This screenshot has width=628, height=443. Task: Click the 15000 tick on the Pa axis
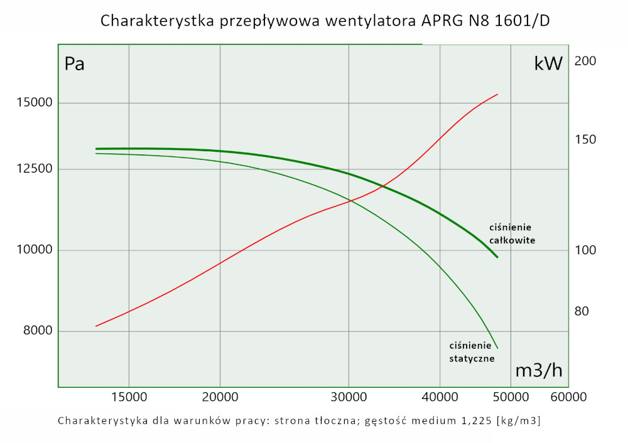click(x=29, y=103)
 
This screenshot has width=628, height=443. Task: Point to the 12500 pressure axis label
click(x=29, y=169)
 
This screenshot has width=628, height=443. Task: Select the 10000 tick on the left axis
click(x=29, y=250)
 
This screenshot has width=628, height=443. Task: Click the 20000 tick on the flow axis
click(x=220, y=397)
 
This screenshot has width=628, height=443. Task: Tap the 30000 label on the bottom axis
click(x=349, y=397)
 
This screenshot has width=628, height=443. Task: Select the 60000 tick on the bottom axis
click(x=568, y=397)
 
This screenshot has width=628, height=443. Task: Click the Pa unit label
click(x=75, y=64)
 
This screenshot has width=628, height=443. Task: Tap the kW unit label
click(x=548, y=63)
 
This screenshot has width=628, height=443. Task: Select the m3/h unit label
click(x=538, y=370)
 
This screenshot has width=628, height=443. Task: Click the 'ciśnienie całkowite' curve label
click(x=512, y=233)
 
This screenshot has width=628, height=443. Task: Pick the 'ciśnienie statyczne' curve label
click(x=472, y=352)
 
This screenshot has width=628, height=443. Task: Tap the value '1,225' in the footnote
click(x=473, y=420)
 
